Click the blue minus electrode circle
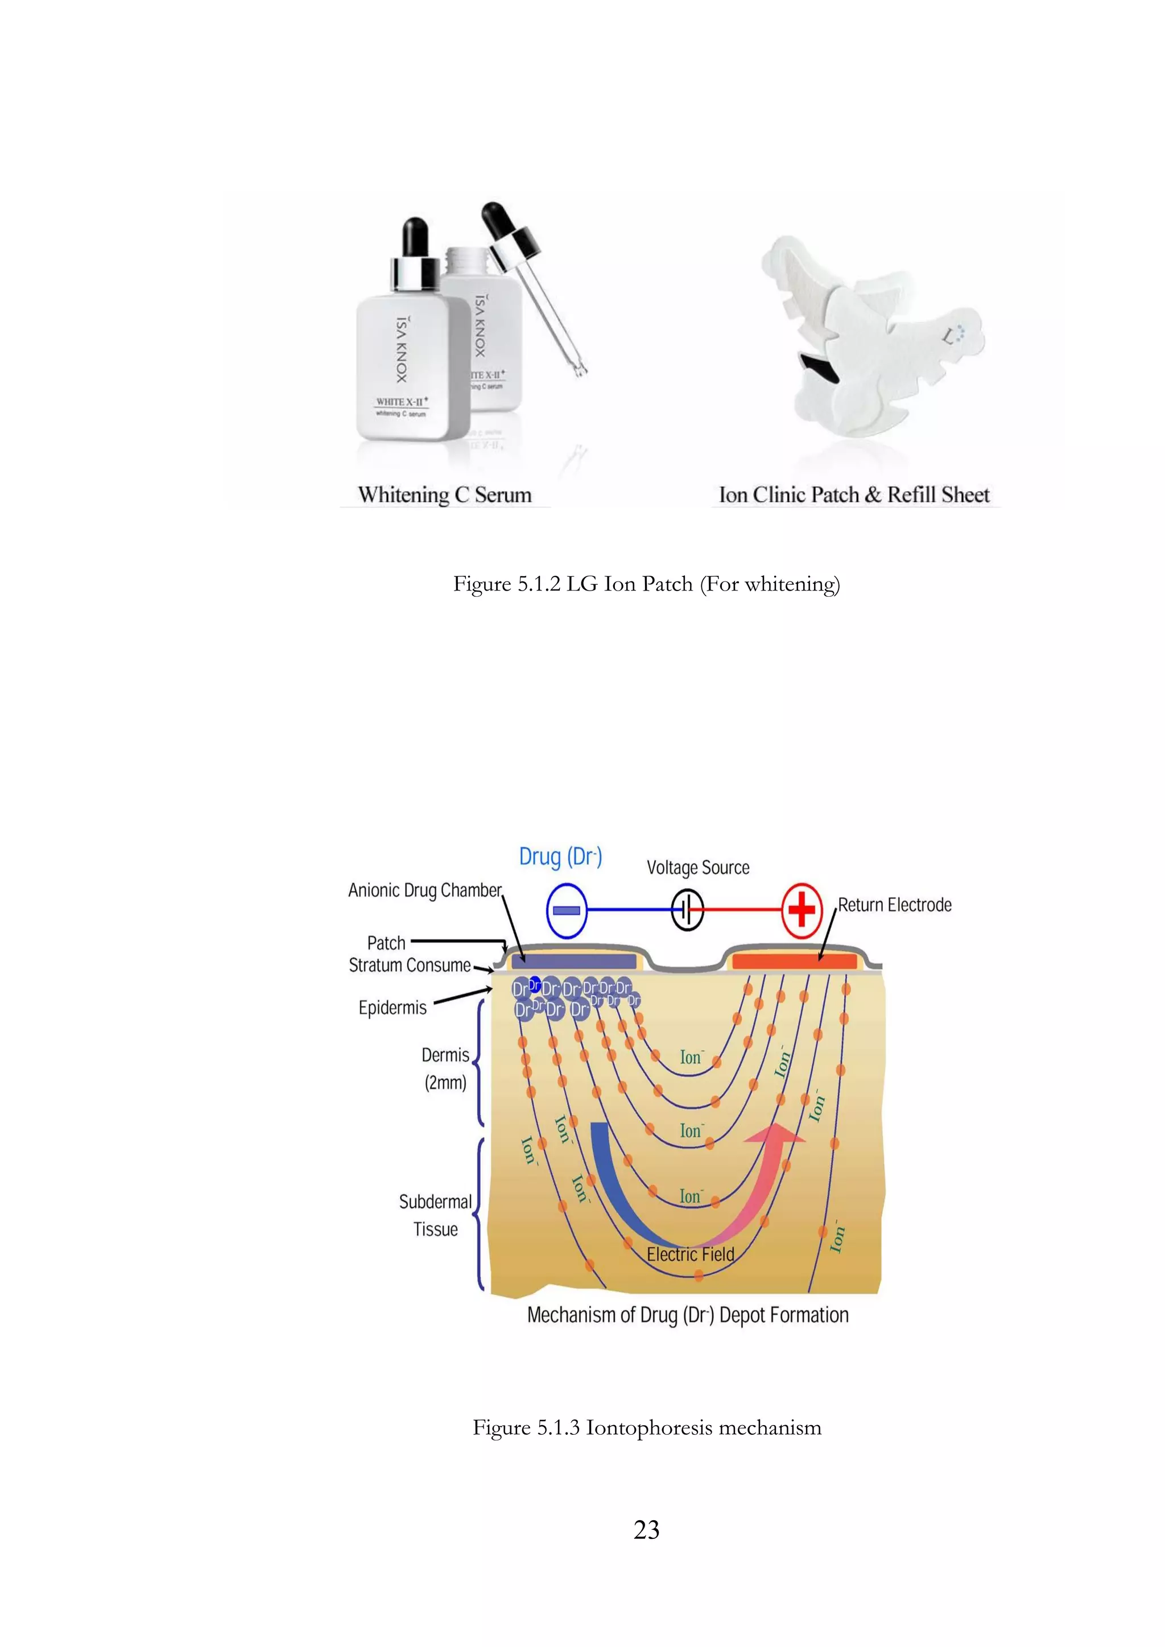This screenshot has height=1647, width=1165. click(x=567, y=910)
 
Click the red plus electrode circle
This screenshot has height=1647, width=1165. click(x=802, y=910)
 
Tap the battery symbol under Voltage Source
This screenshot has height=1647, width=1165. click(x=687, y=910)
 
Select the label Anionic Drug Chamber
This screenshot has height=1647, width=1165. click(x=425, y=890)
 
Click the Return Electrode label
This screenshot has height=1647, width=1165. click(x=895, y=905)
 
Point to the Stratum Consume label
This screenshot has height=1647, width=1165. click(x=410, y=965)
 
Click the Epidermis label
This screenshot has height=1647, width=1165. click(x=393, y=1008)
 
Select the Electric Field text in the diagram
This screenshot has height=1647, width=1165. click(x=690, y=1254)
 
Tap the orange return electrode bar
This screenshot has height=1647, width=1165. click(x=794, y=961)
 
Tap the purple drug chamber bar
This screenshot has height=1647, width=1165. click(x=573, y=961)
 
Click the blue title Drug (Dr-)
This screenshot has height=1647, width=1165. click(x=560, y=857)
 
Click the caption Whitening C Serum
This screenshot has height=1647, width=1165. click(x=445, y=495)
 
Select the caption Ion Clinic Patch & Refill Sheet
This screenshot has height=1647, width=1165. click(x=854, y=495)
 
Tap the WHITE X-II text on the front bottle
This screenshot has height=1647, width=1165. click(x=402, y=402)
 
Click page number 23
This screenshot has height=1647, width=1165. click(x=646, y=1530)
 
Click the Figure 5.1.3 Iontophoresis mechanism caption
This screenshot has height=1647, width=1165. click(x=646, y=1427)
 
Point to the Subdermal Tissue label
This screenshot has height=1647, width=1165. click(x=435, y=1215)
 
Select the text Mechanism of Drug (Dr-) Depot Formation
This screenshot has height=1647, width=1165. click(x=687, y=1315)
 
